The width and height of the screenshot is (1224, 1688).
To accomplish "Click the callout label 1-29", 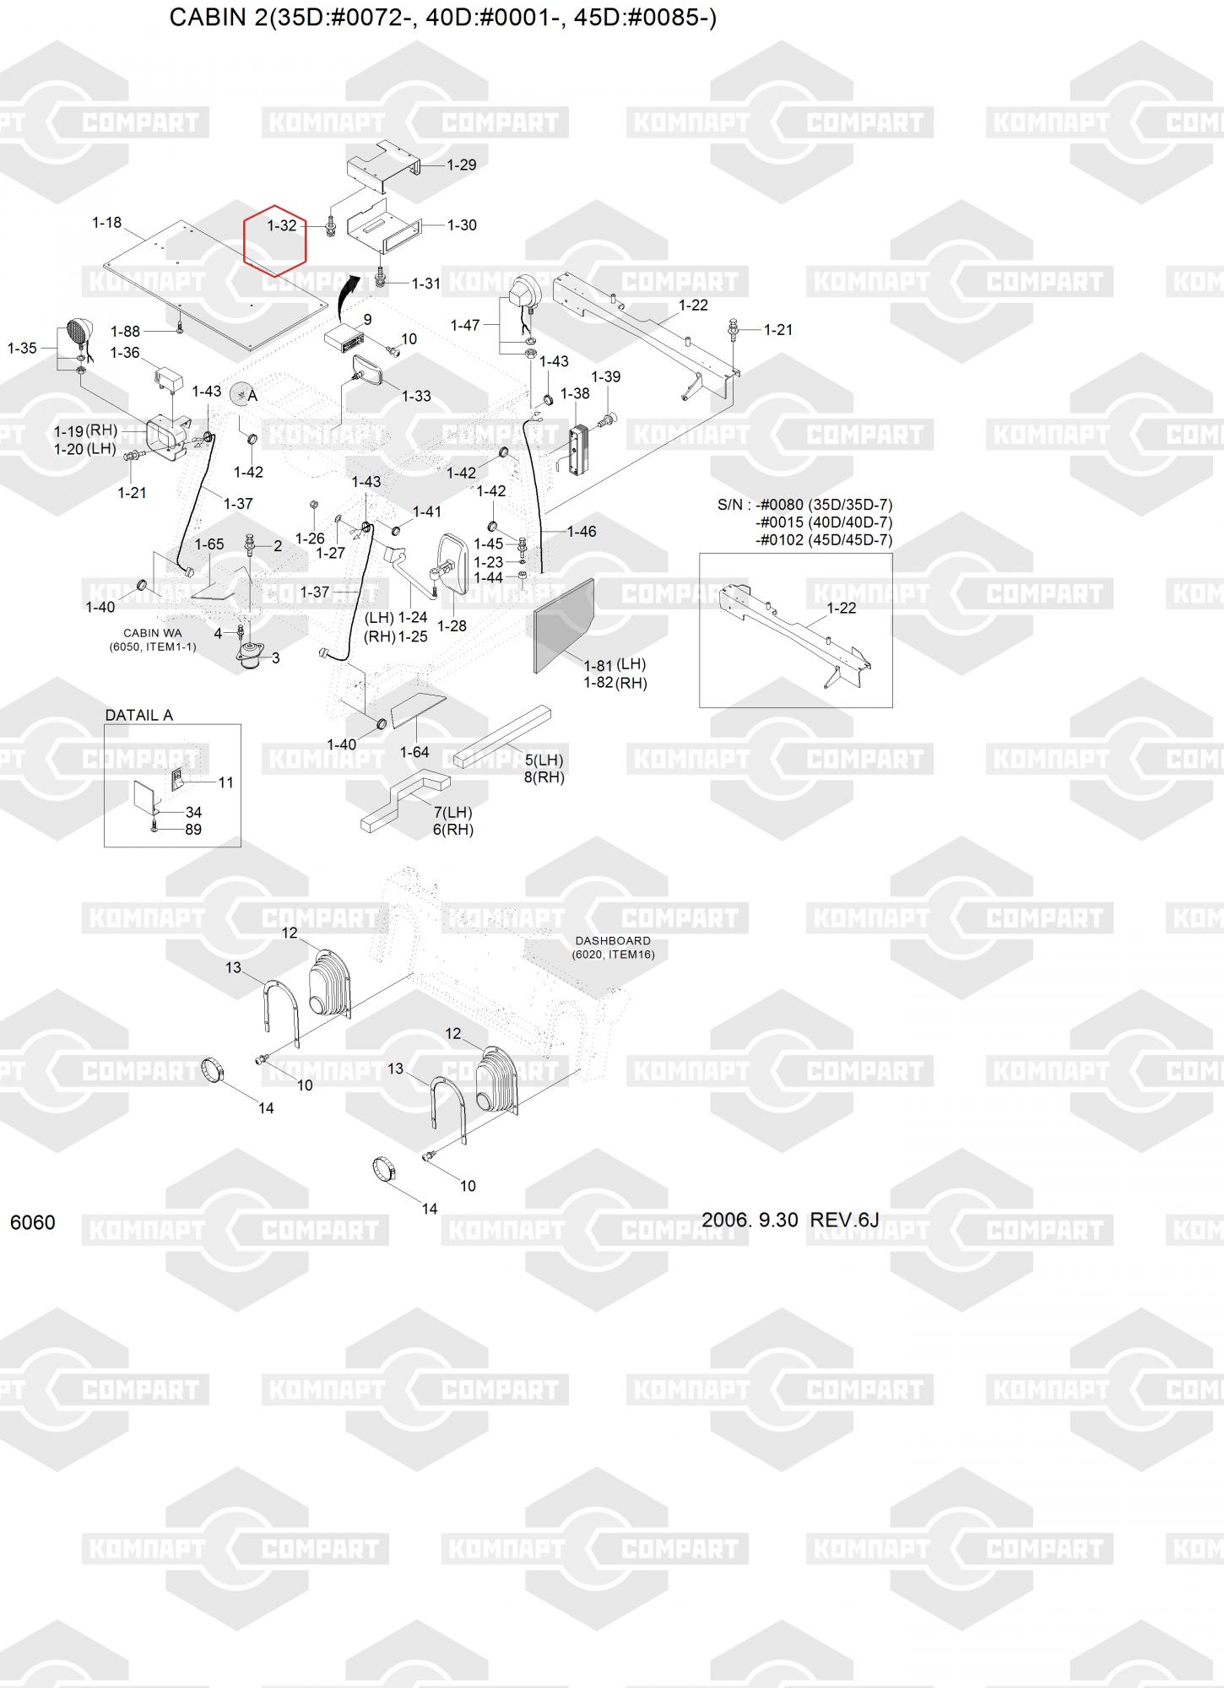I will (462, 165).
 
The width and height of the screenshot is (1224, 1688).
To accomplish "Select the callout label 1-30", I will (462, 225).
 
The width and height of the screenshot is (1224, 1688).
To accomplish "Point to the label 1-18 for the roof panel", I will (107, 223).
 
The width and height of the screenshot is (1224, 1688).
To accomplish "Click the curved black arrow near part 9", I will (344, 295).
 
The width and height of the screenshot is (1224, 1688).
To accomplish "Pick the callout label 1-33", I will (416, 396).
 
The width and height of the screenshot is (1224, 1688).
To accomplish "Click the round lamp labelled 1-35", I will (77, 332).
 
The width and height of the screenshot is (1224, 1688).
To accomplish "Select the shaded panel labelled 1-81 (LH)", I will (564, 625).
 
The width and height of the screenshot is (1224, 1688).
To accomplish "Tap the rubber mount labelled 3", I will (251, 656).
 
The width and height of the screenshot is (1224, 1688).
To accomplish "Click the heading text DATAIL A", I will (138, 715).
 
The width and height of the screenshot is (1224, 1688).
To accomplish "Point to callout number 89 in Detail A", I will (192, 830).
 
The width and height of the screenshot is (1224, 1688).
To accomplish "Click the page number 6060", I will (33, 1222).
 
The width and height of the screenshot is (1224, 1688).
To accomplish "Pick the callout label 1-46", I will (582, 532).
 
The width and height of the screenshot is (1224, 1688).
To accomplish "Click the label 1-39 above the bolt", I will (606, 376).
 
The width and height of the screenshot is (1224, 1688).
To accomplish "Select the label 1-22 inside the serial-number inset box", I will (842, 608).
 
